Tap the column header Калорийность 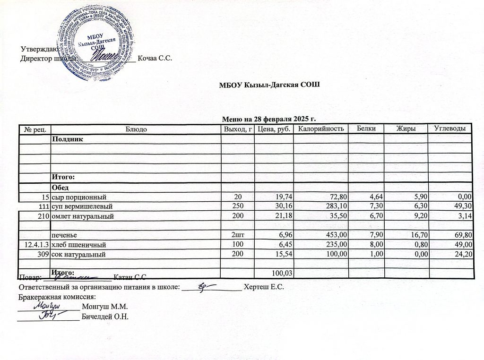coord(320,129)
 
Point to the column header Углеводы coord(450,129)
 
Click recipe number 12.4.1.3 coord(35,245)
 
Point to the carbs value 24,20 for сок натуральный coord(463,255)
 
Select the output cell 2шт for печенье coord(238,234)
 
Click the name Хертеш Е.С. coord(263,287)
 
